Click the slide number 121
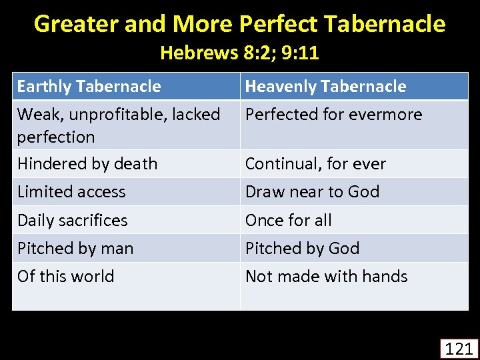pos(458,348)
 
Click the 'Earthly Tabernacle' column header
pos(89,87)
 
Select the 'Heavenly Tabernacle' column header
pos(325,87)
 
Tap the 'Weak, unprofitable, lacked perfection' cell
pos(118,125)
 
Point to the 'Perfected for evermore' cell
pos(333,115)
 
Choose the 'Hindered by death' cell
pos(87,164)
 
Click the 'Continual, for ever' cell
pos(315,164)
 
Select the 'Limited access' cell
pos(71,192)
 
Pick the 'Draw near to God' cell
pos(312,192)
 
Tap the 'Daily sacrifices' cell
pos(72,221)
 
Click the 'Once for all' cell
pos(288,221)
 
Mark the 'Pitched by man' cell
pos(75,249)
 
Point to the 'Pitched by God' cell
pos(302,249)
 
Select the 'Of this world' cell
pos(65,277)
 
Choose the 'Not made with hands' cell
pos(326,277)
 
